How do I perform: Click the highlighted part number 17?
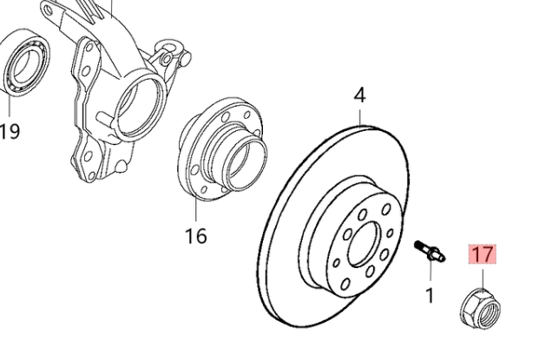click(x=483, y=255)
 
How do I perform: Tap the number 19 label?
click(x=10, y=131)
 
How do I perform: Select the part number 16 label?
click(x=197, y=234)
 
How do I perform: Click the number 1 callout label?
click(x=429, y=295)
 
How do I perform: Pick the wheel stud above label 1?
click(x=430, y=251)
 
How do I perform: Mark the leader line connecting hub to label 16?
click(x=196, y=208)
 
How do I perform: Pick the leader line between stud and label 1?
click(x=429, y=273)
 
